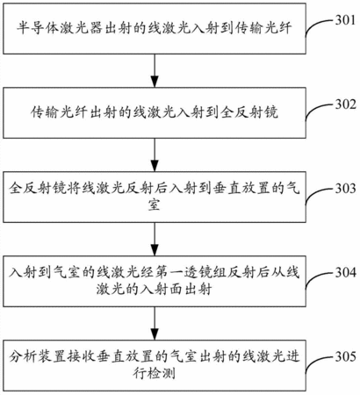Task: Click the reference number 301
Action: [x=345, y=20]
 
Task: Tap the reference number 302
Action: [x=345, y=104]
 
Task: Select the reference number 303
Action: [x=345, y=189]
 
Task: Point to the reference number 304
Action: [x=345, y=273]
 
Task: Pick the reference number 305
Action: [x=345, y=356]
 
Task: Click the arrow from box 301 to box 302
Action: [x=155, y=70]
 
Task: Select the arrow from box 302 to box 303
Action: [x=155, y=154]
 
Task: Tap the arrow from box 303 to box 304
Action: [x=155, y=239]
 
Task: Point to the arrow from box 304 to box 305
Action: [x=155, y=323]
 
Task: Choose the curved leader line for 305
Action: [x=314, y=361]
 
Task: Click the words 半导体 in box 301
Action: [x=38, y=28]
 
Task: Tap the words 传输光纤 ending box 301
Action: [x=263, y=28]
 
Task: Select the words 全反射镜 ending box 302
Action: [x=249, y=112]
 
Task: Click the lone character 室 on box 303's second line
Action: [x=154, y=205]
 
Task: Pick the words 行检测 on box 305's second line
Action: [x=154, y=373]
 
